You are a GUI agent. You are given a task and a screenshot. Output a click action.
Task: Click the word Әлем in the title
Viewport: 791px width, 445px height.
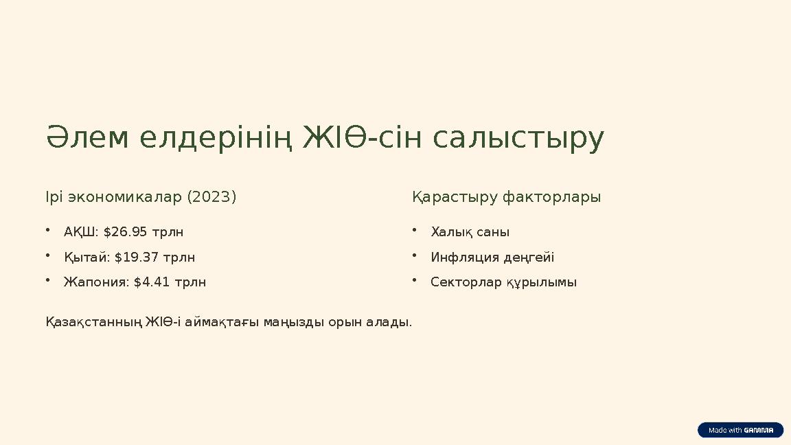point(87,137)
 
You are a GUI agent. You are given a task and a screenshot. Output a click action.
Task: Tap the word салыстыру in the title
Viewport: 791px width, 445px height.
point(518,139)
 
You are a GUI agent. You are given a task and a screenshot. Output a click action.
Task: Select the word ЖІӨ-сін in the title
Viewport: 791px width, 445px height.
point(363,137)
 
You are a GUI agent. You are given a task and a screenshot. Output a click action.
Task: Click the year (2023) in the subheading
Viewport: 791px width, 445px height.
point(211,197)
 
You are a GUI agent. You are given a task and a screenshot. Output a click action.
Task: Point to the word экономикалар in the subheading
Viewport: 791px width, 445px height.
point(124,197)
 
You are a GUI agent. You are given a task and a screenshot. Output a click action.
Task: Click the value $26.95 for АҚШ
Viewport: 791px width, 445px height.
point(125,232)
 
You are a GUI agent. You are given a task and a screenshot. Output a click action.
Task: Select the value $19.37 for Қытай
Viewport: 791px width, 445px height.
point(136,258)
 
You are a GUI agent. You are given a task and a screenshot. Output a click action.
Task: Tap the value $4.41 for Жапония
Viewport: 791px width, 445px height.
point(151,282)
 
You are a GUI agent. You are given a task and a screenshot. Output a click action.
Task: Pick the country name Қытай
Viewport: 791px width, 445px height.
point(85,258)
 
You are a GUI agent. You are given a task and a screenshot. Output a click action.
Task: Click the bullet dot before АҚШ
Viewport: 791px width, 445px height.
point(48,231)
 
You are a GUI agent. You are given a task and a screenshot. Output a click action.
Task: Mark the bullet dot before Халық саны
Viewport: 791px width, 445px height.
point(414,231)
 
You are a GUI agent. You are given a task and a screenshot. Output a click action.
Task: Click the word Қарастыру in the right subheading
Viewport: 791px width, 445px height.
point(455,197)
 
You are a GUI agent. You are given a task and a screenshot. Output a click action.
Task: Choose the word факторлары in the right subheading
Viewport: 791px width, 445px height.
point(552,197)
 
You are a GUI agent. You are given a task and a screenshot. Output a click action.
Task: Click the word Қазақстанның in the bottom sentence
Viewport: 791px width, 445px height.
point(94,322)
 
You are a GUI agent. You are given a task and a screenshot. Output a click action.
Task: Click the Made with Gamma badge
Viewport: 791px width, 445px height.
point(741,430)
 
